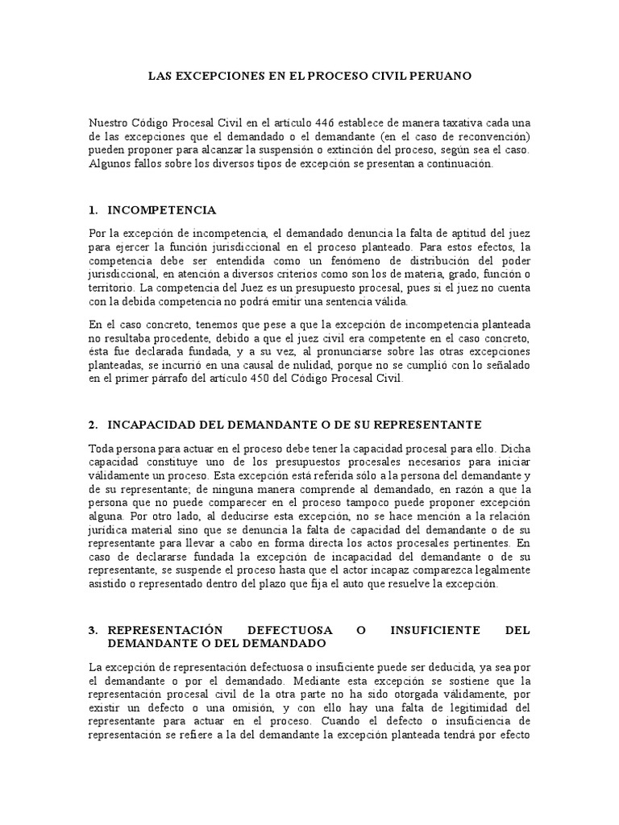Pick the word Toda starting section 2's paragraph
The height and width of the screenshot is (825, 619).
pyautogui.click(x=102, y=447)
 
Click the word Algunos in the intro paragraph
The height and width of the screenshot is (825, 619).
pyautogui.click(x=111, y=163)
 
